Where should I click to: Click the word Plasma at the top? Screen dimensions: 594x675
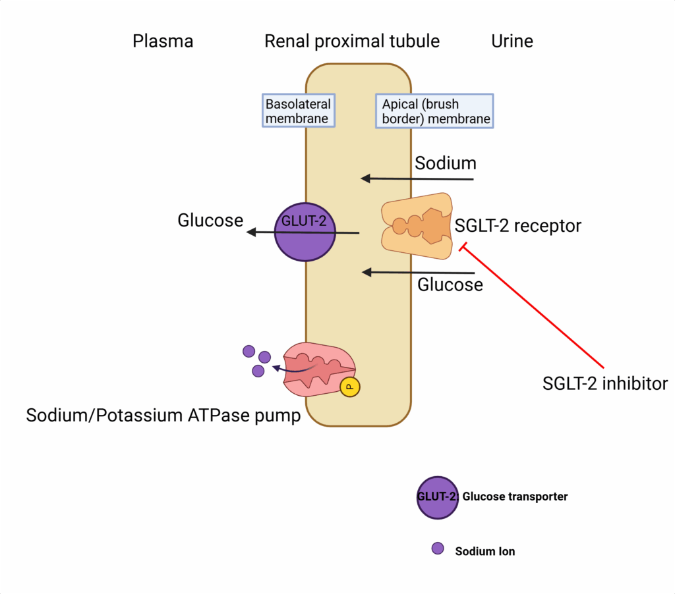click(x=163, y=41)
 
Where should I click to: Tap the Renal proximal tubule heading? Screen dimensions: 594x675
click(x=351, y=41)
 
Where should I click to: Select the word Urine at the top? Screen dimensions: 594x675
click(x=512, y=41)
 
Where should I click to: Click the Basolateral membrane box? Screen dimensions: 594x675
click(x=298, y=111)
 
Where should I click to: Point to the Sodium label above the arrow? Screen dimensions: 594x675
click(x=445, y=163)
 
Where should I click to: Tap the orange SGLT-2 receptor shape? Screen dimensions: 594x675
click(x=417, y=226)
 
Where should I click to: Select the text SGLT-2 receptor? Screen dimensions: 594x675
click(x=518, y=226)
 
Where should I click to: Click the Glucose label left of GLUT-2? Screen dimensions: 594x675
click(x=210, y=220)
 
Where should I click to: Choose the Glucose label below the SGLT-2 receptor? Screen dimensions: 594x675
click(x=450, y=284)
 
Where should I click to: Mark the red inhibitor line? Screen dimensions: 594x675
click(x=534, y=306)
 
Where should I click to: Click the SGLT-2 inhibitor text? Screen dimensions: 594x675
click(x=605, y=383)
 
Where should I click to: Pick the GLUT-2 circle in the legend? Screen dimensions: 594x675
click(x=437, y=497)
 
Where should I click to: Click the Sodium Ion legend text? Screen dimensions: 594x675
click(x=484, y=551)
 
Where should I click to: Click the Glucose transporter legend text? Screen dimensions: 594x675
click(x=515, y=497)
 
